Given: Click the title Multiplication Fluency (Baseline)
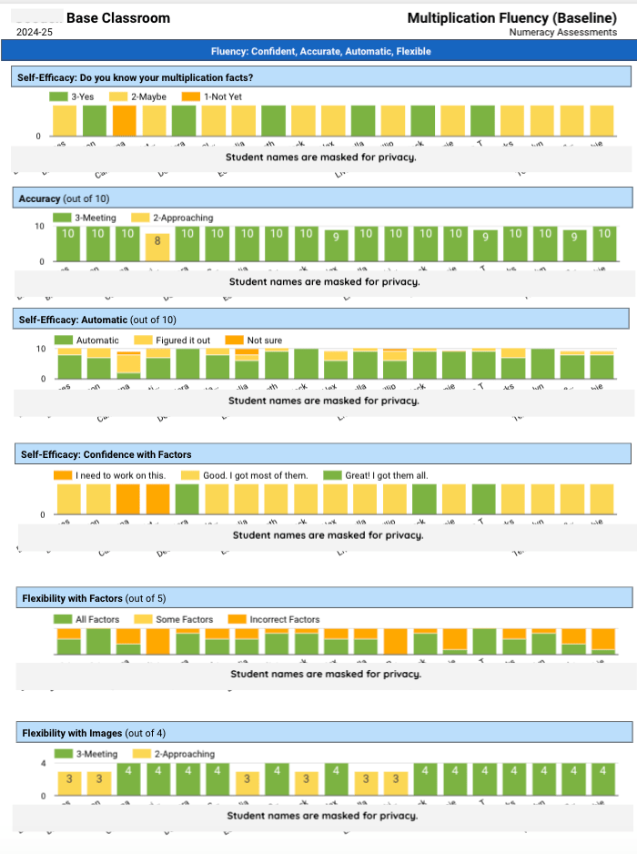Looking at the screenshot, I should pos(512,18).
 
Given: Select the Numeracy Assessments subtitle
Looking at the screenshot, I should pos(562,32).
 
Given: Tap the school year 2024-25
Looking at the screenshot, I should pos(35,32).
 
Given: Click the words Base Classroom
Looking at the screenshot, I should pos(117,18).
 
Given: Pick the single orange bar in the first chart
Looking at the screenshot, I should pos(125,120).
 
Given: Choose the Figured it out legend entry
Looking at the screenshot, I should pos(182,341).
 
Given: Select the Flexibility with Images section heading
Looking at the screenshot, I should pos(94,733).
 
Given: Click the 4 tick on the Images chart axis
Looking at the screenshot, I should pos(43,763).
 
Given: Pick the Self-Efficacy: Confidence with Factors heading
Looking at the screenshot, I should pos(106,454).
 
